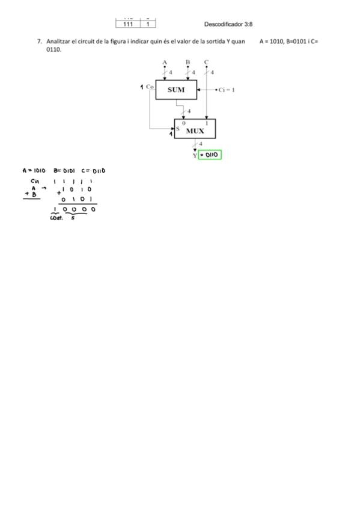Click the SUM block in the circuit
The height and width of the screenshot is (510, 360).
tap(176, 90)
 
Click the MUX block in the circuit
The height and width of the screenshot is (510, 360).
tap(195, 129)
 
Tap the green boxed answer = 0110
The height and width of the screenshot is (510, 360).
tap(210, 155)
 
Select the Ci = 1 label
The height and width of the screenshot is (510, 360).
tap(227, 90)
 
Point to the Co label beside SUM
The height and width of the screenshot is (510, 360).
tap(150, 87)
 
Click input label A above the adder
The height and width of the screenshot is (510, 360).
tap(165, 62)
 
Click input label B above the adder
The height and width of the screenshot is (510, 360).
tap(188, 62)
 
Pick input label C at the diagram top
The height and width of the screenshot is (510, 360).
tap(206, 62)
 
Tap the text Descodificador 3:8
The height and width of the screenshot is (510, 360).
tap(228, 24)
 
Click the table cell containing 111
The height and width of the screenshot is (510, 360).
tap(128, 24)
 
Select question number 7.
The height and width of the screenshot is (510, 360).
tap(39, 41)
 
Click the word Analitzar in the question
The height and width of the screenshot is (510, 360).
tap(58, 41)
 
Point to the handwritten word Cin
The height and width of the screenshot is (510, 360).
tap(35, 181)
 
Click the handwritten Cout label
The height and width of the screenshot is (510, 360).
tap(56, 218)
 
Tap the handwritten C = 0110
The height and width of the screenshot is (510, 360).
tap(93, 170)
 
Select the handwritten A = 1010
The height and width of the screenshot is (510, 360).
tap(34, 170)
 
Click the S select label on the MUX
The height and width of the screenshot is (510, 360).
tap(178, 129)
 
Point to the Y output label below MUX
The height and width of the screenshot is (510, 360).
tap(195, 156)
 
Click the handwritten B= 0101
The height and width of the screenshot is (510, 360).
tap(64, 170)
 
